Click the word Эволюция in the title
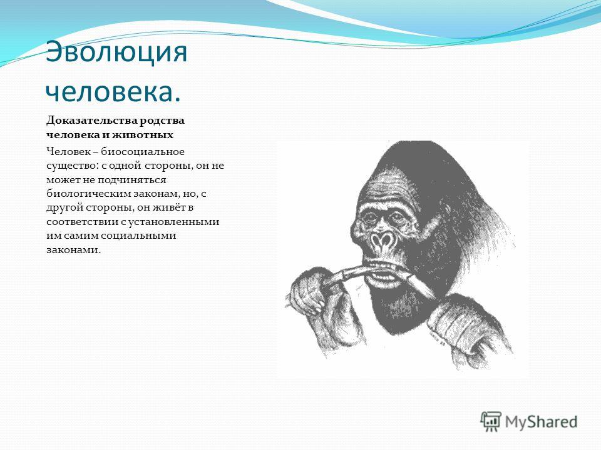click(116, 52)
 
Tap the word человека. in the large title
click(113, 92)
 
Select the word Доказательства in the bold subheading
click(91, 121)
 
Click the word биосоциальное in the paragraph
click(143, 151)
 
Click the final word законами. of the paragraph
click(73, 250)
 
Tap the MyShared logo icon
click(491, 422)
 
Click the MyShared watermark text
click(541, 422)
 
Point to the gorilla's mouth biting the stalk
click(386, 271)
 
